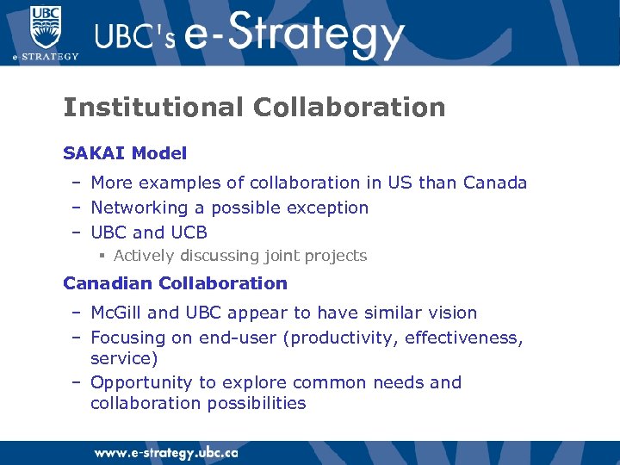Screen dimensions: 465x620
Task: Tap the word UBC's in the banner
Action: pyautogui.click(x=133, y=39)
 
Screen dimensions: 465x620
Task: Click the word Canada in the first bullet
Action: pyautogui.click(x=495, y=183)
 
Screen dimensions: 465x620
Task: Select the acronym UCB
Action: pyautogui.click(x=189, y=232)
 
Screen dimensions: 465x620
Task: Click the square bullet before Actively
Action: pyautogui.click(x=102, y=256)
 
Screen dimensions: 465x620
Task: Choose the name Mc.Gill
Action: pyautogui.click(x=116, y=313)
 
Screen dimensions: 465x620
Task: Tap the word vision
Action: pyautogui.click(x=452, y=313)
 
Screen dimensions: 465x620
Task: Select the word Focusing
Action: pyautogui.click(x=128, y=338)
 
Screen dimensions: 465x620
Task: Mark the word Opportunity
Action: pyautogui.click(x=141, y=382)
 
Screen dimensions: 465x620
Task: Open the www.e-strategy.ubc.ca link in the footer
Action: pyautogui.click(x=166, y=452)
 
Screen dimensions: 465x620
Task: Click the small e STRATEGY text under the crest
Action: pyautogui.click(x=45, y=57)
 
